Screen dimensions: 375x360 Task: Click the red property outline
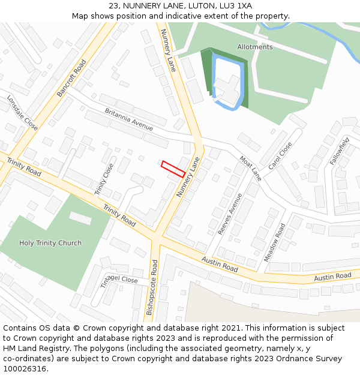[x=173, y=169]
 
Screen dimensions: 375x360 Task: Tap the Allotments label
[x=254, y=47]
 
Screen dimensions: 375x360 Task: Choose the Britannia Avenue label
[x=129, y=119]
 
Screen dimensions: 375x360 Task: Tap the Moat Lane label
[x=251, y=168]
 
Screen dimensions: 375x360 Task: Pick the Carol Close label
[x=280, y=155]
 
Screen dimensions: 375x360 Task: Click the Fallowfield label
[x=340, y=151]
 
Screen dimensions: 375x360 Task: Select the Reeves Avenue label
[x=230, y=214]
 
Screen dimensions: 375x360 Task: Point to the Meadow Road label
[x=275, y=242]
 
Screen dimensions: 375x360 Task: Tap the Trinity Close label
[x=104, y=179]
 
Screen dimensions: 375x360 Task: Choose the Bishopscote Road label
[x=152, y=287]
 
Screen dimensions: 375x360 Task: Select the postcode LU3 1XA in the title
[x=235, y=7]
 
